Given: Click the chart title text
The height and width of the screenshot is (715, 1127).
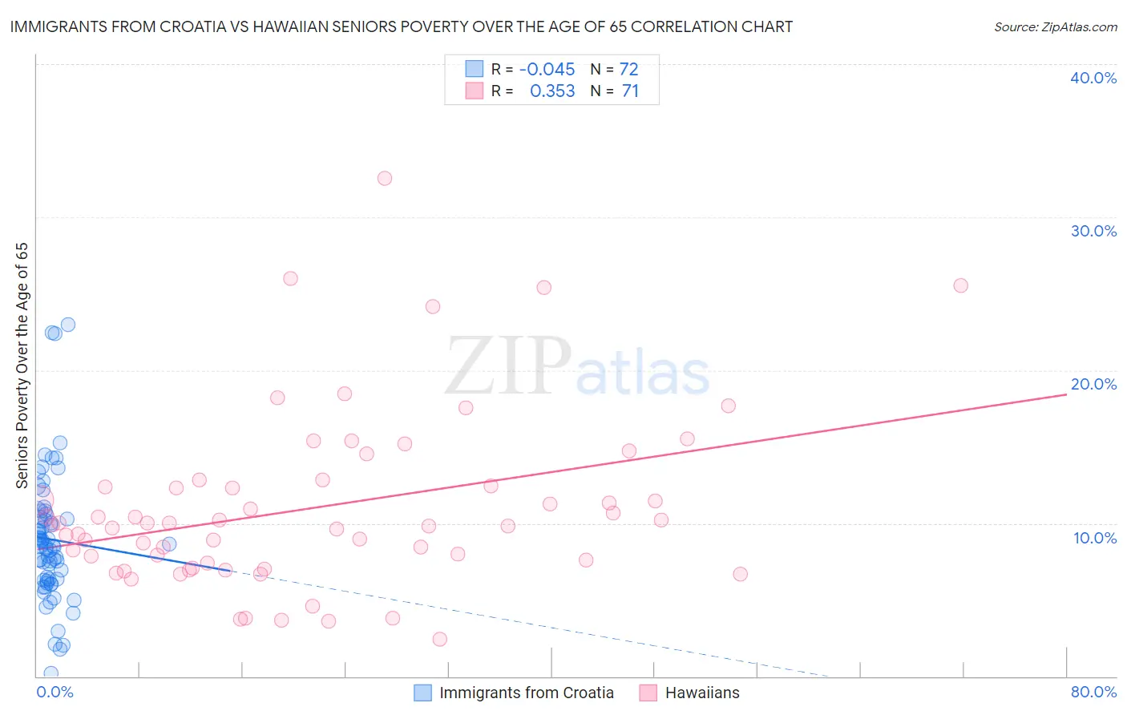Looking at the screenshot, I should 401,26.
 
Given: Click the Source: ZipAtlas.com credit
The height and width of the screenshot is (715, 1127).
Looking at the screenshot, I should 1055,26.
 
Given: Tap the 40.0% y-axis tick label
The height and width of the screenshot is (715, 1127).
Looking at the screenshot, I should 1093,78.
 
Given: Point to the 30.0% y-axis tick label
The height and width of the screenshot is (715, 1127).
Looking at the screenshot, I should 1093,231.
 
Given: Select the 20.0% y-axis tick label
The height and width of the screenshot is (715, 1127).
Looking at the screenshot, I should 1093,384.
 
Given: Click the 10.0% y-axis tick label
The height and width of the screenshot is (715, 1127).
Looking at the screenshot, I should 1094,538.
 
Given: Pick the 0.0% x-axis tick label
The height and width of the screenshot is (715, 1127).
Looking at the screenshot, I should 55,692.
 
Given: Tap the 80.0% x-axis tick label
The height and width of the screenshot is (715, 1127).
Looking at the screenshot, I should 1093,692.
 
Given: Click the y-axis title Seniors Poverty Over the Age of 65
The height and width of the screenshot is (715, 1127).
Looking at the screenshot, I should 22,365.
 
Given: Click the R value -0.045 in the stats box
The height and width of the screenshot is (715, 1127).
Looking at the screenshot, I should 547,70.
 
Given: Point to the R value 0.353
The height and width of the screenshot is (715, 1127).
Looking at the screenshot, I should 552,91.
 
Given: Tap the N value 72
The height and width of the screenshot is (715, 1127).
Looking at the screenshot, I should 628,70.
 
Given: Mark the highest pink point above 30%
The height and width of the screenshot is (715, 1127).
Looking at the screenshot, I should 385,178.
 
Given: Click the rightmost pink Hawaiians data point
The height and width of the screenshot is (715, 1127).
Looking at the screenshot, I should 960,285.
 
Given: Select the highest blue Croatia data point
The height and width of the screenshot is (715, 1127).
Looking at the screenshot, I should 68,325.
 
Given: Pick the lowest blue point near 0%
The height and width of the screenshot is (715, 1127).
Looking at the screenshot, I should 50,673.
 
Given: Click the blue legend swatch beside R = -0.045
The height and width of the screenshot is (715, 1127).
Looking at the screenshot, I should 475,69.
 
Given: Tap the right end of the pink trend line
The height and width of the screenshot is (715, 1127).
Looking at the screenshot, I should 1066,395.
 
